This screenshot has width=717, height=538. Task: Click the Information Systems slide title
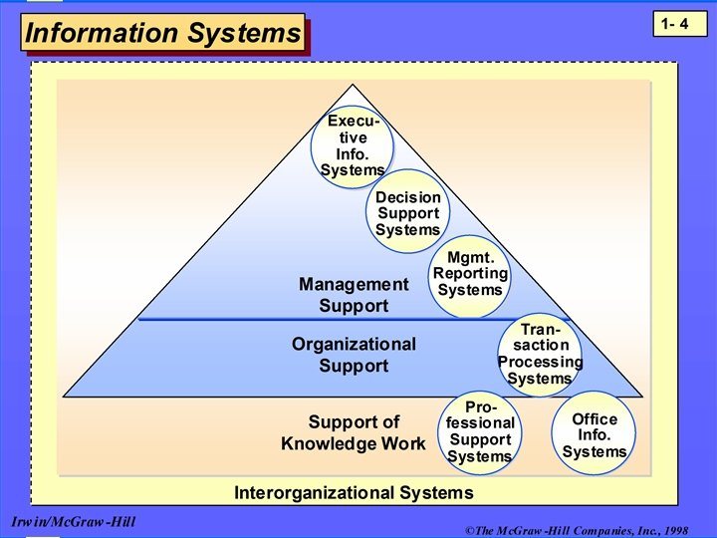click(x=162, y=33)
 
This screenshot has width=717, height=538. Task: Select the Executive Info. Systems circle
click(x=353, y=146)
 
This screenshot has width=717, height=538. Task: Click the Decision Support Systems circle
click(x=407, y=213)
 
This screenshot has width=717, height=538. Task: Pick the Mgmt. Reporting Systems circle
click(x=470, y=274)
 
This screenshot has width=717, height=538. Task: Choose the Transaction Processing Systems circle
click(x=540, y=354)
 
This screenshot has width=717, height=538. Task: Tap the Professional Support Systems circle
click(x=480, y=430)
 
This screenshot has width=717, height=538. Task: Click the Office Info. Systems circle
click(x=595, y=434)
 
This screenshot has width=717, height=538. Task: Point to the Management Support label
click(x=354, y=295)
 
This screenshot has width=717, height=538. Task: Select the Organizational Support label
click(x=354, y=355)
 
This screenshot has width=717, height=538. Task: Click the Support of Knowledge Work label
click(x=354, y=432)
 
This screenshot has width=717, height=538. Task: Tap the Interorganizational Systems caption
click(x=354, y=492)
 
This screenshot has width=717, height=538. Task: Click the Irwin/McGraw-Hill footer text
click(x=74, y=522)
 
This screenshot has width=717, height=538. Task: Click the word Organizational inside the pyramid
click(x=354, y=344)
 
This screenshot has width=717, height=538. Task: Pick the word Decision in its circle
click(x=407, y=197)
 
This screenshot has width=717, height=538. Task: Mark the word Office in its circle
click(x=595, y=418)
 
